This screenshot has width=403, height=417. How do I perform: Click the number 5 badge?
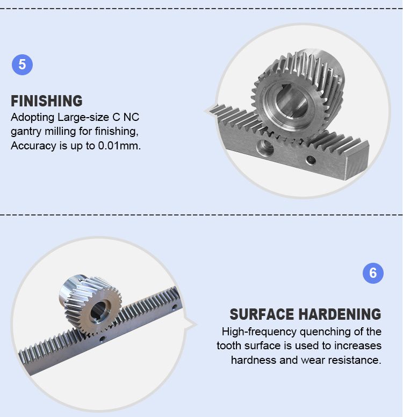[x=22, y=65]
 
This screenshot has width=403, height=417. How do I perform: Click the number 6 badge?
[x=373, y=273]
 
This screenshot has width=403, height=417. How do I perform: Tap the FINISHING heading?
[x=47, y=101]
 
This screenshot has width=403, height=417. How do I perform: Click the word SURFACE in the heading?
[x=262, y=314]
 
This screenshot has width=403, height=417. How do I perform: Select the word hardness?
[x=254, y=360]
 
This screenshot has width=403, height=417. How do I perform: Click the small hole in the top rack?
[x=310, y=160]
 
